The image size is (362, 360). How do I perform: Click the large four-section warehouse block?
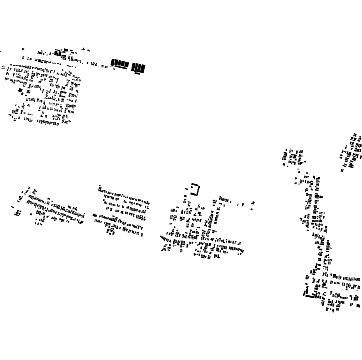[x=120, y=63]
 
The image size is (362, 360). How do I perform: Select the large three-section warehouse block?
[x=138, y=68]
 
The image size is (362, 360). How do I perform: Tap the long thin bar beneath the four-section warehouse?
[x=121, y=68]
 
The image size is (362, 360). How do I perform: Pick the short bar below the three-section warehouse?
[x=137, y=73]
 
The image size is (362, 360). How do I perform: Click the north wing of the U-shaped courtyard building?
[x=195, y=184]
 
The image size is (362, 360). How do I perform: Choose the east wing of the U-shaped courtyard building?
[x=199, y=189]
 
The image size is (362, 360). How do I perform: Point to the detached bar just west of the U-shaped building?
[x=187, y=189]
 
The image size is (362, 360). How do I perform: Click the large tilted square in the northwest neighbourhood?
[x=21, y=90]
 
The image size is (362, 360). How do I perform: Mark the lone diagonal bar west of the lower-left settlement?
[x=12, y=207]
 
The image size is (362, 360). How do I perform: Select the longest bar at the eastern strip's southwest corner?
[x=310, y=296]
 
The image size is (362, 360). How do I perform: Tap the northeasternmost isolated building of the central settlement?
[x=253, y=203]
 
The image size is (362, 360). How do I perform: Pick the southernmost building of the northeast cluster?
[x=342, y=170]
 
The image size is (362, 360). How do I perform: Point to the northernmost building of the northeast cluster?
[x=355, y=134]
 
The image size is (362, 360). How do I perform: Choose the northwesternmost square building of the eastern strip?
[x=286, y=150]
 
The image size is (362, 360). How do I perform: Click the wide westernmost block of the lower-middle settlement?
[x=95, y=215]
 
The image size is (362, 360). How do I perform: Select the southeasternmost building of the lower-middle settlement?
[x=142, y=235]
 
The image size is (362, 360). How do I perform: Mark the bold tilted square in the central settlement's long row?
[x=213, y=240]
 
